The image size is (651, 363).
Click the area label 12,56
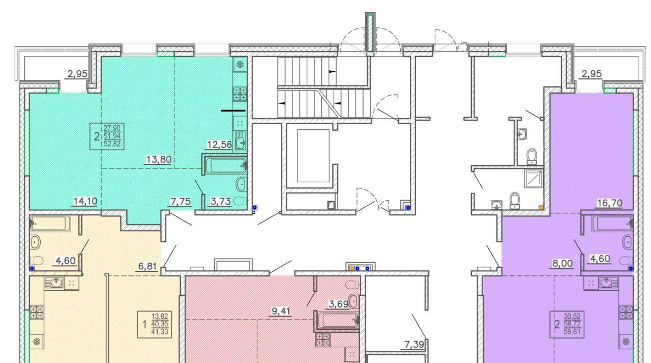coord(219,145)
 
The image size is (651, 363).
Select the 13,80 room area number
coord(159,159)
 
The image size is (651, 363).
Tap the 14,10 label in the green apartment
coord(85,201)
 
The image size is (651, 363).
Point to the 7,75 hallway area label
coord(181,201)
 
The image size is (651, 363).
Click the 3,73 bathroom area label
coord(220,201)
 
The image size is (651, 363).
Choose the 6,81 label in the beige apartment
coord(147,266)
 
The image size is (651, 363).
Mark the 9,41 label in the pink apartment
coord(281,311)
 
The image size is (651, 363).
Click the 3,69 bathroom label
coord(339,304)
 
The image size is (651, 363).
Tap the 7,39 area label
coord(415,345)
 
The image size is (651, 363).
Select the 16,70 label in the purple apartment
coord(609,203)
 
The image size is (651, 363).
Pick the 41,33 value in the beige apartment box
coord(160,331)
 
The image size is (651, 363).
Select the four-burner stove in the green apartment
coord(240,94)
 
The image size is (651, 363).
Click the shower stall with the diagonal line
coord(534,178)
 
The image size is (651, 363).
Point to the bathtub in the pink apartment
coord(337,321)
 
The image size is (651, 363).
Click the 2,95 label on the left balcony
coord(77,74)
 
